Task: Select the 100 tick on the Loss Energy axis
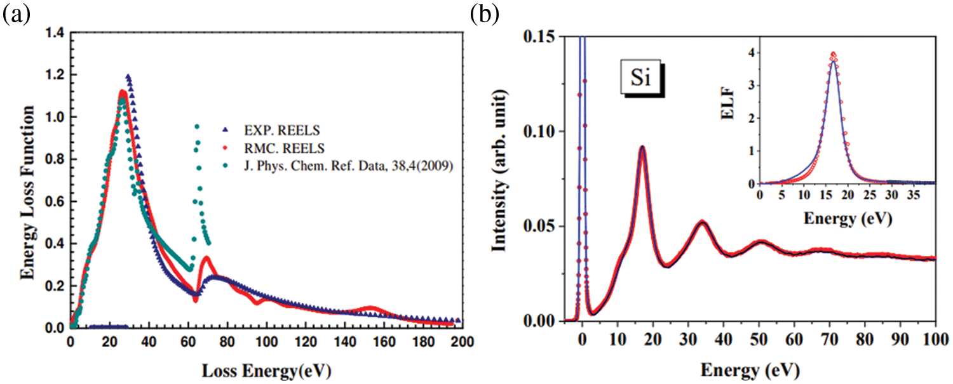point(266,343)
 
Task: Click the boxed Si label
point(640,79)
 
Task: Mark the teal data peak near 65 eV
point(197,126)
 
